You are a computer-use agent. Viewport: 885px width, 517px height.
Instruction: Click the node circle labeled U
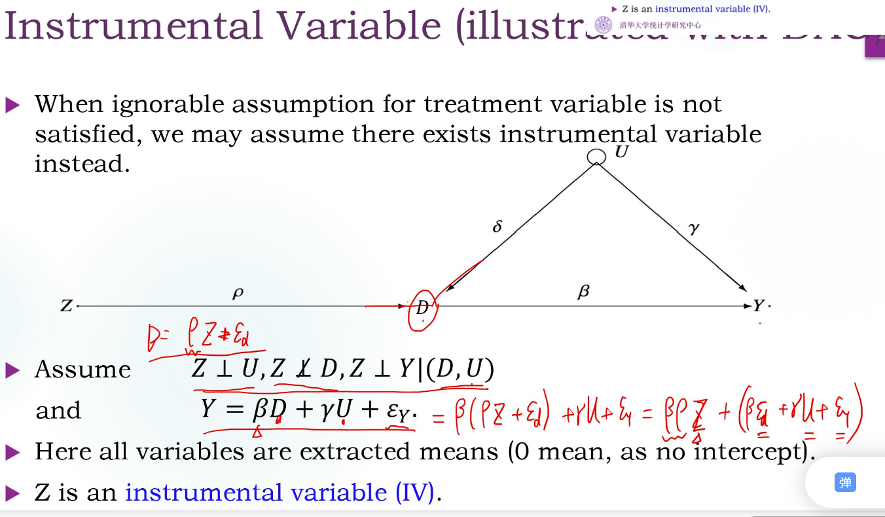pyautogui.click(x=596, y=157)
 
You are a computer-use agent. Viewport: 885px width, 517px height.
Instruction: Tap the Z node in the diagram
pyautogui.click(x=66, y=305)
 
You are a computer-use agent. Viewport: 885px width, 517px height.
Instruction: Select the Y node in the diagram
pyautogui.click(x=758, y=306)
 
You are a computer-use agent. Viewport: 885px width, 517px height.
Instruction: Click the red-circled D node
pyautogui.click(x=422, y=307)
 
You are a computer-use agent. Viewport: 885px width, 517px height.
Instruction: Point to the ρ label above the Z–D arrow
pyautogui.click(x=238, y=294)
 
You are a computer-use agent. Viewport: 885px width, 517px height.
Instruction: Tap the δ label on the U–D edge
pyautogui.click(x=497, y=227)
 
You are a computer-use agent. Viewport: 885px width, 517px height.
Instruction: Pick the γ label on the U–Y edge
pyautogui.click(x=694, y=228)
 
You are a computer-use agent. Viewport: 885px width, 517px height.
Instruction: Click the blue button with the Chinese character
pyautogui.click(x=845, y=483)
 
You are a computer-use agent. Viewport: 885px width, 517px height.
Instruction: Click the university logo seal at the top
pyautogui.click(x=603, y=26)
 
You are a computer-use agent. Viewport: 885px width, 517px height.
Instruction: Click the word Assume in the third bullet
pyautogui.click(x=83, y=370)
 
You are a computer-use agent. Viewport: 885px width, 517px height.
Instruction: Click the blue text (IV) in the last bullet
pyautogui.click(x=415, y=492)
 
